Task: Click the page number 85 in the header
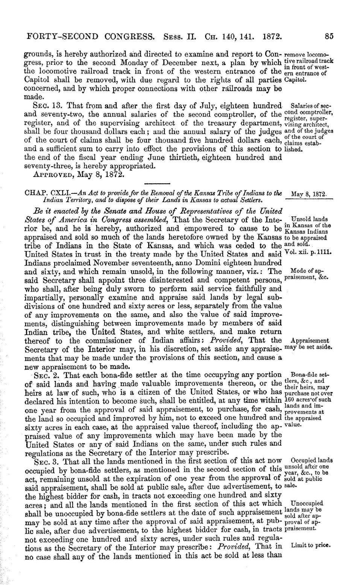[x=329, y=37]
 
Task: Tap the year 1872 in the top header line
[x=272, y=37]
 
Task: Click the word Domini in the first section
[x=203, y=263]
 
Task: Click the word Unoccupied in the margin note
[x=307, y=503]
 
